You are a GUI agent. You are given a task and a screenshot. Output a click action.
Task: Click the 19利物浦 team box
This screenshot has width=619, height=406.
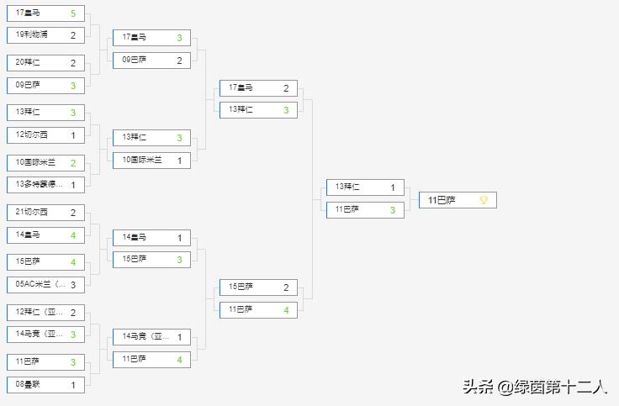click(45, 35)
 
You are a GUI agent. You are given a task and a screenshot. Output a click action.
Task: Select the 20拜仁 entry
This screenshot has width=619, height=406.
click(45, 63)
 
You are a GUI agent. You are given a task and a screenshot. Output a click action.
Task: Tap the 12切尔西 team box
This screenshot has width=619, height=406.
click(45, 134)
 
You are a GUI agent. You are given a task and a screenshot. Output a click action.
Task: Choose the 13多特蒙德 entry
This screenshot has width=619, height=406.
click(45, 184)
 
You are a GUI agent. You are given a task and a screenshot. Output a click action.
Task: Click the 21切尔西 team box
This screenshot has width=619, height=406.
click(45, 213)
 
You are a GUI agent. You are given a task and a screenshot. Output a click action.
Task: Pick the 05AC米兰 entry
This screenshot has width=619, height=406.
click(45, 284)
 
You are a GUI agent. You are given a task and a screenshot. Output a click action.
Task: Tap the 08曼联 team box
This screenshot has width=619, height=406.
click(45, 384)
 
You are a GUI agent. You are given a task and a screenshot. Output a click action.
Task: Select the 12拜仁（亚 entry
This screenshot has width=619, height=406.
click(45, 313)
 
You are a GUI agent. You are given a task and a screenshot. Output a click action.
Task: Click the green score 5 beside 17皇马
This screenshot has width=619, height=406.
click(73, 13)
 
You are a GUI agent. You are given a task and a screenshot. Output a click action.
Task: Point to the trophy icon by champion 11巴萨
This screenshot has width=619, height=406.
click(484, 200)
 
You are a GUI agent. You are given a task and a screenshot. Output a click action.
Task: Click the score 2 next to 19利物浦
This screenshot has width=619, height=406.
click(73, 35)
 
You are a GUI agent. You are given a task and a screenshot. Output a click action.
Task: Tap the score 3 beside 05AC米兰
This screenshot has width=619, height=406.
click(73, 284)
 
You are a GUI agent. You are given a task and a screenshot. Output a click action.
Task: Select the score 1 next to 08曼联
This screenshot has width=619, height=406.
click(73, 384)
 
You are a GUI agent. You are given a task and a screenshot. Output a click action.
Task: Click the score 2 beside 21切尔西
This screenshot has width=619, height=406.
click(73, 213)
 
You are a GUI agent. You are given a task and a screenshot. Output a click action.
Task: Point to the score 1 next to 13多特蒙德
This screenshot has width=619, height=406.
click(73, 184)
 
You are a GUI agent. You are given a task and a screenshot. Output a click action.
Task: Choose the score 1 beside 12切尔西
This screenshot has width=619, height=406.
click(73, 134)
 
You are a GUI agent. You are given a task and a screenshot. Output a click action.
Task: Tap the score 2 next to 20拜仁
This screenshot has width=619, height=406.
click(73, 63)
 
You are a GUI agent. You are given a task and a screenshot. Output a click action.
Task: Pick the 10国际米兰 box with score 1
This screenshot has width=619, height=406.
click(151, 160)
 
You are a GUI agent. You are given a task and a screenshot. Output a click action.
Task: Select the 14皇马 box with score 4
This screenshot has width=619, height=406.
click(45, 235)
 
